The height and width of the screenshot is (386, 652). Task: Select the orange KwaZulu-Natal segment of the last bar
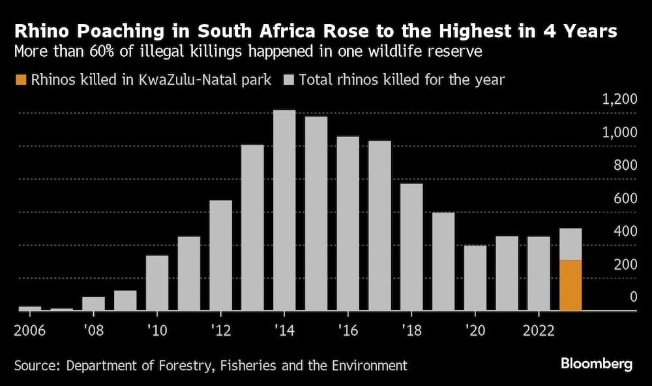click(570, 285)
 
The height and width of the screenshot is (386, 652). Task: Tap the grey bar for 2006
click(29, 308)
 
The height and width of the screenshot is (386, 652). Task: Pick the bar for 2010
click(156, 283)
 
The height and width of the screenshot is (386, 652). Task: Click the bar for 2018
click(411, 247)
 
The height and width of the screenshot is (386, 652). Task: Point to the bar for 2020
click(475, 278)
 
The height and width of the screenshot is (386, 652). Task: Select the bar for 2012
click(220, 255)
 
